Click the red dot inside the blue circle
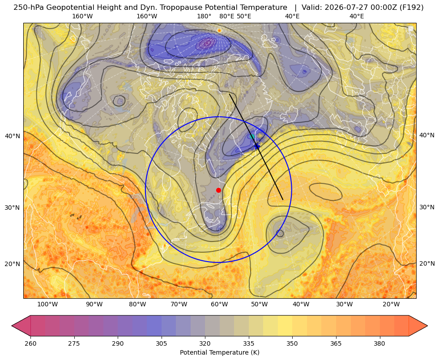click(218, 190)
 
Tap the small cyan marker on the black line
click(251, 136)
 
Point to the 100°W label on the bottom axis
click(47, 304)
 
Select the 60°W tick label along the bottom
click(219, 304)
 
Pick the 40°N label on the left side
click(13, 136)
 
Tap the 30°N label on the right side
click(427, 207)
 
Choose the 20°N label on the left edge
click(13, 264)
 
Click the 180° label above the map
click(204, 16)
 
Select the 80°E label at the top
click(226, 16)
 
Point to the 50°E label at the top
click(244, 16)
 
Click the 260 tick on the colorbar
click(30, 343)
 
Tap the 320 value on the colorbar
click(205, 343)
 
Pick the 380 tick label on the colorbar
click(379, 343)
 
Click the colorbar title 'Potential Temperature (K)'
click(219, 352)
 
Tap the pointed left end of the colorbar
click(12, 326)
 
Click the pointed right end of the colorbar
click(427, 326)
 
